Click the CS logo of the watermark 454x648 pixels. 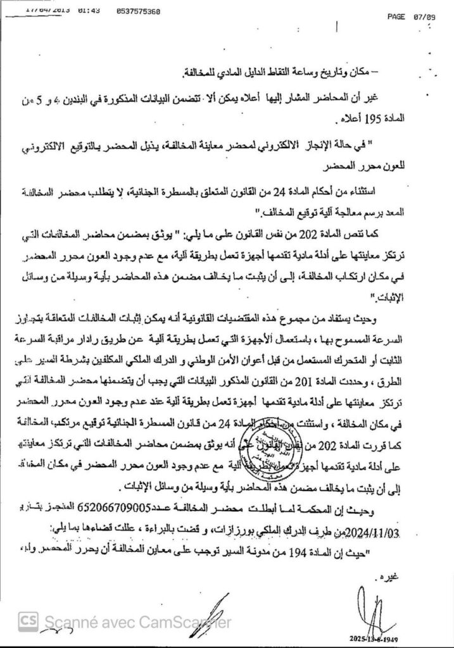point(28,621)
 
